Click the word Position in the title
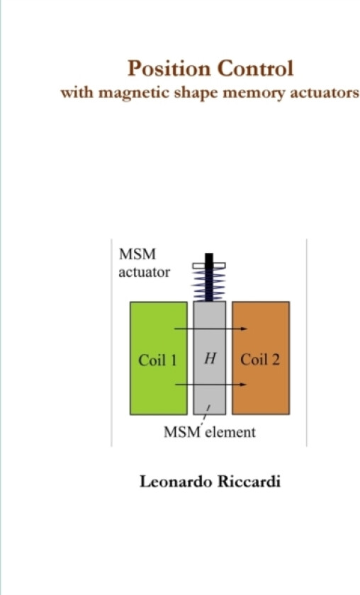tap(169, 69)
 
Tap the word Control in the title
tap(256, 69)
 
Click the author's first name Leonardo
tap(176, 482)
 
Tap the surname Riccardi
tap(249, 482)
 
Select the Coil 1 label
tap(157, 360)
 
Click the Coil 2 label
tap(260, 360)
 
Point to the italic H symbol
tap(210, 358)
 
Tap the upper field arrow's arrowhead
tap(244, 329)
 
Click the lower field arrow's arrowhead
tap(243, 385)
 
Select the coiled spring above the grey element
tap(209, 284)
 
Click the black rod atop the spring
tap(209, 277)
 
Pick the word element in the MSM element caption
tap(230, 432)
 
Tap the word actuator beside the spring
tap(144, 273)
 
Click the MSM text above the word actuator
tap(137, 254)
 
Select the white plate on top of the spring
tap(209, 266)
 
